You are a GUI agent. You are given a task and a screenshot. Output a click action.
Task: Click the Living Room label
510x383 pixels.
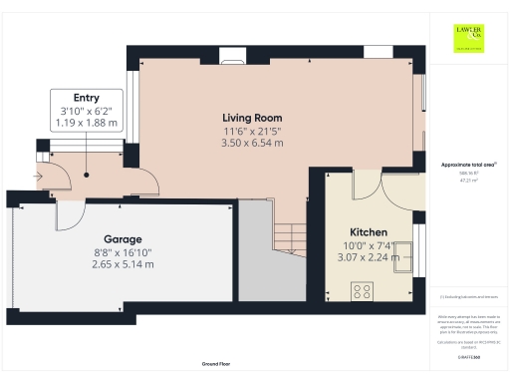click(252, 118)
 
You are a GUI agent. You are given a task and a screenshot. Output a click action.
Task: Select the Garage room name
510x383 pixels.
click(118, 239)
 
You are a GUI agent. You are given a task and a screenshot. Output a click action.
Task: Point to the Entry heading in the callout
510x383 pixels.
click(86, 98)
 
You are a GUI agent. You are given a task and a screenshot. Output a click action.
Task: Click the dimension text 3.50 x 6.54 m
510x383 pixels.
click(252, 143)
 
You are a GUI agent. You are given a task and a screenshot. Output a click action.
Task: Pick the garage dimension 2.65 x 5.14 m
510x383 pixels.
click(118, 264)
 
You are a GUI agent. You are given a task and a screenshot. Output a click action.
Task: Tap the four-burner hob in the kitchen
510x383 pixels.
click(363, 290)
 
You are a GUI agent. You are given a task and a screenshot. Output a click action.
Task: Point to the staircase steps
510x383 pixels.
click(288, 237)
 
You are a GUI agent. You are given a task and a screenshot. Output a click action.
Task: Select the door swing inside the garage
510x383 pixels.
click(71, 211)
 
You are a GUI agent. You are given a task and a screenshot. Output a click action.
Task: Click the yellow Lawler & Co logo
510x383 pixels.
click(468, 37)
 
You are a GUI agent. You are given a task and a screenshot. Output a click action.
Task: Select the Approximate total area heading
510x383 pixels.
click(468, 165)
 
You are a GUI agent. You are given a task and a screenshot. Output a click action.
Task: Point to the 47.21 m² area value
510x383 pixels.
click(468, 181)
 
